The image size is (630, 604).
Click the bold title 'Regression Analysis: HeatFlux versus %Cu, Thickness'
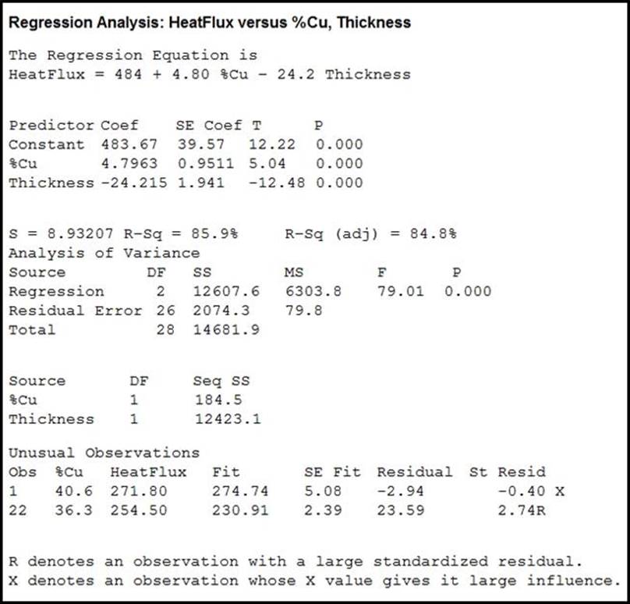pos(209,23)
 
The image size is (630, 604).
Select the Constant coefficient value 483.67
pos(129,144)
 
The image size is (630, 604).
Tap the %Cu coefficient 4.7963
pos(129,164)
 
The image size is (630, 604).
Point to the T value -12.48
pos(277,183)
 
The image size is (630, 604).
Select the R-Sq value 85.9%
pos(219,233)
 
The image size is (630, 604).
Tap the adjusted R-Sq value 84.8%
pos(434,233)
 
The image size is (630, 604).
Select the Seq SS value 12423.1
pos(228,419)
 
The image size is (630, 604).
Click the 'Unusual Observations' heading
pos(104,453)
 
